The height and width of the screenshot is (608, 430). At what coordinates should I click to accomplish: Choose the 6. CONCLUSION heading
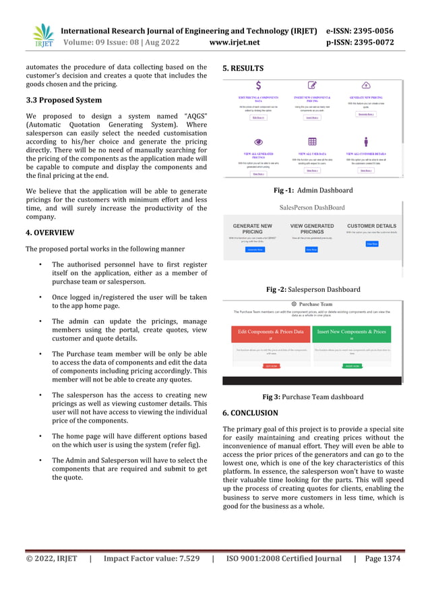[249, 413]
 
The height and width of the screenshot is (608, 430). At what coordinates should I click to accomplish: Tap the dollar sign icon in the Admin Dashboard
[258, 86]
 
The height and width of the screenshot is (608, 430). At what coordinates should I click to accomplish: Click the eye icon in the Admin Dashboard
[257, 142]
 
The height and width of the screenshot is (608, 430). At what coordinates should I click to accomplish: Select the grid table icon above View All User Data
[312, 142]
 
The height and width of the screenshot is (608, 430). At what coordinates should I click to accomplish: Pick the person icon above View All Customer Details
[366, 142]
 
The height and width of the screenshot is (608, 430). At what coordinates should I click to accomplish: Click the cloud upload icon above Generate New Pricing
[366, 86]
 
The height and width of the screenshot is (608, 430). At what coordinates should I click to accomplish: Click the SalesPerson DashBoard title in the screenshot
[312, 208]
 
